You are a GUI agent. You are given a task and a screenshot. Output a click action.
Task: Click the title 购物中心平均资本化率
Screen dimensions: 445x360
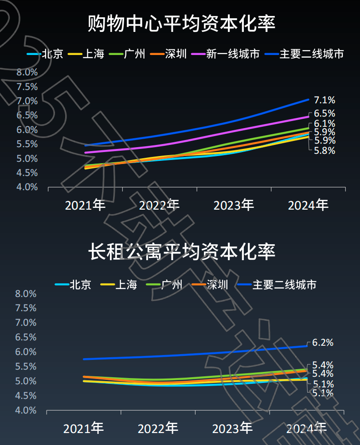[x=182, y=23]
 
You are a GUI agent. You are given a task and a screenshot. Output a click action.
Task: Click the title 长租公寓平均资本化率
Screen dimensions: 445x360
[x=182, y=252]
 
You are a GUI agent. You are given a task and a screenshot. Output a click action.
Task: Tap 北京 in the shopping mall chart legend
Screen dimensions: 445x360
[x=53, y=55]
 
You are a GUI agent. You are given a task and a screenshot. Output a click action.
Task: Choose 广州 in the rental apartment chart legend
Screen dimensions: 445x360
[x=172, y=285]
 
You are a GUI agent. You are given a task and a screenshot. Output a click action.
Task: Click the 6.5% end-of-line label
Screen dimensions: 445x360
[x=325, y=113]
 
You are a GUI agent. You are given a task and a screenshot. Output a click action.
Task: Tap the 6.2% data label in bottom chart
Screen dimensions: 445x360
[x=323, y=343]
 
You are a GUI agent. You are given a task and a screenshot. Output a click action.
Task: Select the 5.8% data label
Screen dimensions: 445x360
[x=325, y=151]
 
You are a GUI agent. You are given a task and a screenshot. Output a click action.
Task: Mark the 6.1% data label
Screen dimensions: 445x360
[x=325, y=124]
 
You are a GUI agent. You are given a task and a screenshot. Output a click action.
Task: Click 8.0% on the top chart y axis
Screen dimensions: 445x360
[x=27, y=72]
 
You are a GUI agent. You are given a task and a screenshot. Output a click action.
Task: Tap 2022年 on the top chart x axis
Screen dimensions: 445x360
[x=159, y=205]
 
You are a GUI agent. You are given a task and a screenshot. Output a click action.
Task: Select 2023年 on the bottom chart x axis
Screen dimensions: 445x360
[x=232, y=429]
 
